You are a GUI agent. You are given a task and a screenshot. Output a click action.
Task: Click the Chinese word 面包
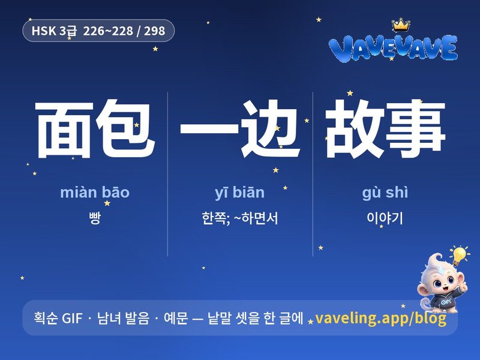95,128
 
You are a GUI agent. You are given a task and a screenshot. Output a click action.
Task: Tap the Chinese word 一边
239,128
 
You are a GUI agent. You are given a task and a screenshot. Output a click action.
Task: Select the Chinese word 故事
385,128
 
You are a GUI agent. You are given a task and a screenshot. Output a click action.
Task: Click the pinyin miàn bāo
95,192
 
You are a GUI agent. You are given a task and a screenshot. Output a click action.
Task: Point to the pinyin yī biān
239,193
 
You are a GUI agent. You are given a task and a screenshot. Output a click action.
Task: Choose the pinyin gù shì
385,193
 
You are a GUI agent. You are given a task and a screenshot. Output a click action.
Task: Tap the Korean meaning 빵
95,218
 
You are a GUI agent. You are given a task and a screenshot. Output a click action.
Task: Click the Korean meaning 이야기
385,218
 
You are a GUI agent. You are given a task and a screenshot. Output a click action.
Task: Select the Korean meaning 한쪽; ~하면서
239,218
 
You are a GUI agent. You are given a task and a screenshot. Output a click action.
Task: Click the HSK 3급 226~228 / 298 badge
98,31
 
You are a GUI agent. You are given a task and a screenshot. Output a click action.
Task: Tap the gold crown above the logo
401,25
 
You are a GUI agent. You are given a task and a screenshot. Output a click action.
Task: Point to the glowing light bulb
459,255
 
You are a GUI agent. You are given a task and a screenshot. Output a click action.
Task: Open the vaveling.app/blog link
380,319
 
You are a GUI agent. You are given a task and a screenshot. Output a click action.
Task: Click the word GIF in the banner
72,319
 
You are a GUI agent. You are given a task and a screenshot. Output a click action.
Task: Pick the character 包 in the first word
125,128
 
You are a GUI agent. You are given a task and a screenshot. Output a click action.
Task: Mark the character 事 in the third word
415,128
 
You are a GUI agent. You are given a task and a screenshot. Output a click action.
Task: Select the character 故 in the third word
355,128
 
